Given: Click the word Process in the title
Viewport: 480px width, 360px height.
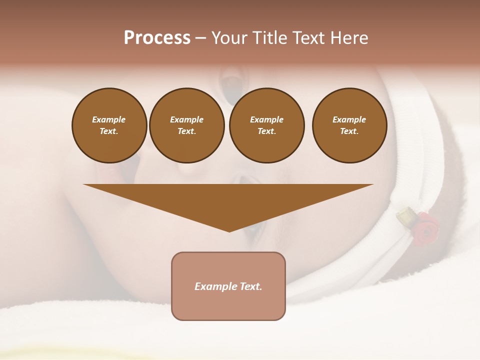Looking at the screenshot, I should pos(157,38).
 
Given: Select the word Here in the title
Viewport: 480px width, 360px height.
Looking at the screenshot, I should pos(348,38).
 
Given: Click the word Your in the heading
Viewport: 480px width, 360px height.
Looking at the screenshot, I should pos(229,38).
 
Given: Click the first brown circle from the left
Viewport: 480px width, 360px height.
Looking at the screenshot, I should pos(109,125).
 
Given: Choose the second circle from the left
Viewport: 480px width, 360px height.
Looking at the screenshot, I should pos(186,125).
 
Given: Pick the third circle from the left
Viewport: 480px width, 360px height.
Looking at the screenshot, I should pos(266,125).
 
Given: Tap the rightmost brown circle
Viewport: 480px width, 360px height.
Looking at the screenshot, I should pos(349,125).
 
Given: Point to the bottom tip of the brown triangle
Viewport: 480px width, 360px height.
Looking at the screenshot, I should pos(229,231).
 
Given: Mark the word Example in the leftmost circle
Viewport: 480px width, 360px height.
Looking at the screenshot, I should pos(109,119).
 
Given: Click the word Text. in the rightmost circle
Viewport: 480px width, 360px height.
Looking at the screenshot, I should pos(349,131).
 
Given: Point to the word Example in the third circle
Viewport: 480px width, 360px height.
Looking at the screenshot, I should pos(266,119).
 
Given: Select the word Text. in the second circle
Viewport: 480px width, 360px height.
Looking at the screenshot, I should pos(186,131).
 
